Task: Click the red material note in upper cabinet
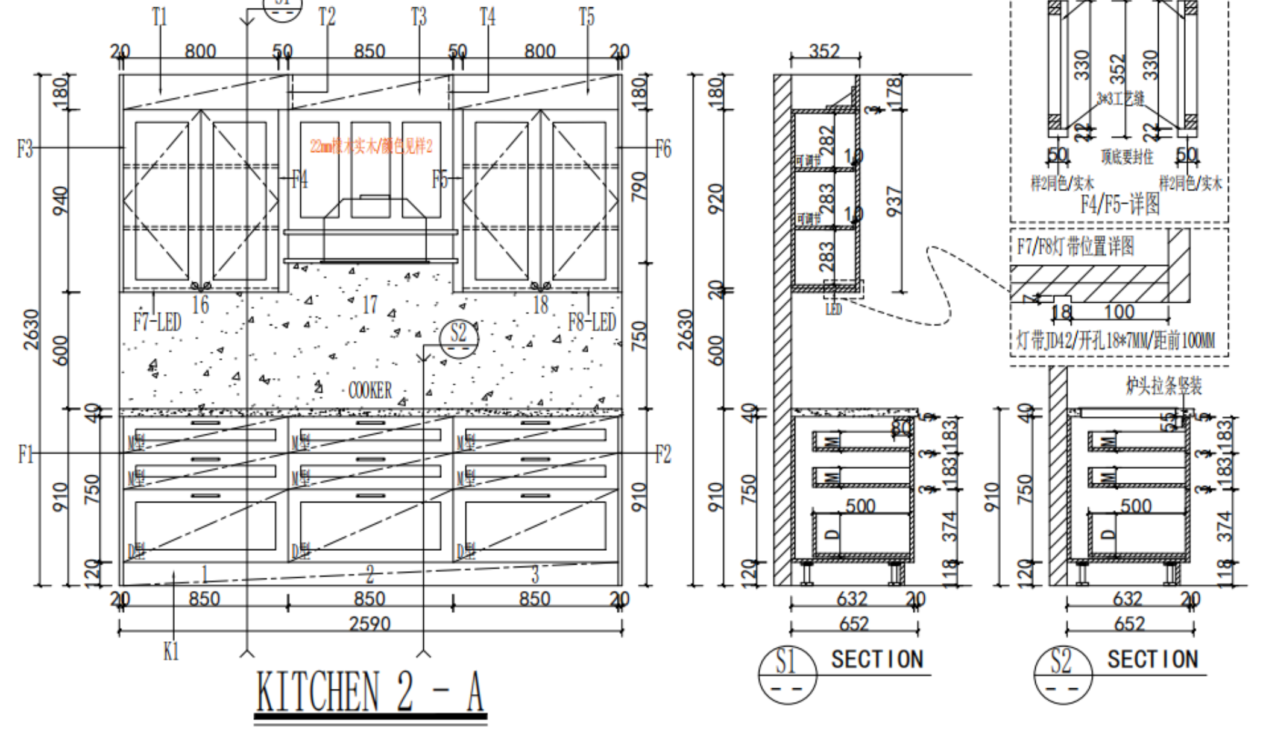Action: (371, 146)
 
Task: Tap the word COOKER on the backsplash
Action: (370, 391)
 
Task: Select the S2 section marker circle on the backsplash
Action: (459, 334)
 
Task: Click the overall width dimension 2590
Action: (370, 623)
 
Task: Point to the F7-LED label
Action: (157, 322)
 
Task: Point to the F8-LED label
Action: (591, 322)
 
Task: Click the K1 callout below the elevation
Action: (171, 651)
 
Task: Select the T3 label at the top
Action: (419, 17)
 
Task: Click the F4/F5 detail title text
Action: (1120, 204)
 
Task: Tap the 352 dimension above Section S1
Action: (824, 51)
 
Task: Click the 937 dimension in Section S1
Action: (894, 201)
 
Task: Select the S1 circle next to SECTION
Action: (787, 673)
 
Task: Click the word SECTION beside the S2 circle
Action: (1152, 659)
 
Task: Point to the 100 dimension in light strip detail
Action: (1119, 312)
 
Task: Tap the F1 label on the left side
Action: (25, 454)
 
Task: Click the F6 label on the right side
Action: (663, 148)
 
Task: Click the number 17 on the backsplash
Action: (370, 305)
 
